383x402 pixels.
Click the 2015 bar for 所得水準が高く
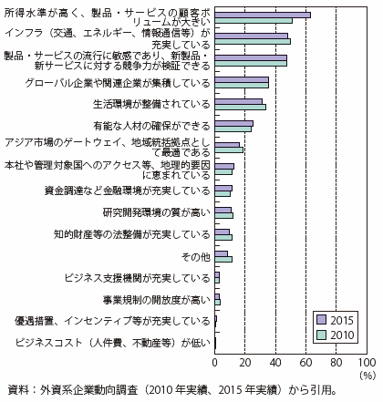tap(263, 15)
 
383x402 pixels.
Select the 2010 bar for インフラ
tap(253, 42)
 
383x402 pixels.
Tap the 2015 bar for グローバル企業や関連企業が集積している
tap(242, 80)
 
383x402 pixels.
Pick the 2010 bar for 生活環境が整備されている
tap(241, 107)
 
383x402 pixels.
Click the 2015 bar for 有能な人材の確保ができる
tap(234, 123)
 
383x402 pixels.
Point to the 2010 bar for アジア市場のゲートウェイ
tap(229, 150)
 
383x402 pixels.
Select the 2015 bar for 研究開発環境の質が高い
tap(223, 210)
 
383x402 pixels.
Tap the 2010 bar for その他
tap(223, 259)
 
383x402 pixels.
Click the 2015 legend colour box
tap(321, 320)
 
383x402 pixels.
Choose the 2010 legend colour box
tap(321, 335)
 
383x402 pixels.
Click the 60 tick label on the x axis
tap(305, 363)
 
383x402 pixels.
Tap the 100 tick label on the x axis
tap(367, 363)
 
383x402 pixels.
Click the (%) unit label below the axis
tap(367, 376)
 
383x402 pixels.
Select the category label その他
tap(195, 257)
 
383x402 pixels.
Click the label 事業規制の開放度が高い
tap(157, 300)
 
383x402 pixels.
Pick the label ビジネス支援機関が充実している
tap(138, 278)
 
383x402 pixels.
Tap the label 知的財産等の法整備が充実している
tap(132, 234)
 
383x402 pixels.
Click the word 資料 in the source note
tap(17, 390)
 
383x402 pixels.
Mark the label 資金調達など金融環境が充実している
tap(128, 191)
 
